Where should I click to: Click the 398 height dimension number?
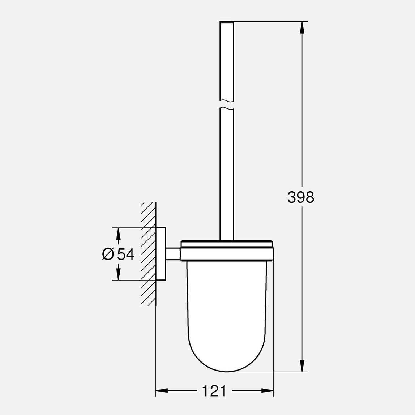coord(301,197)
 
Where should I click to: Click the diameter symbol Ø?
coord(108,254)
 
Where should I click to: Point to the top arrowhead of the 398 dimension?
coord(302,27)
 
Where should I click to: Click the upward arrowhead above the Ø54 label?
coord(117,234)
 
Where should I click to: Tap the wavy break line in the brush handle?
coord(227,104)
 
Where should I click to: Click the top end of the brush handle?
coord(227,23)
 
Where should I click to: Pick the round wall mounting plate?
coord(161,254)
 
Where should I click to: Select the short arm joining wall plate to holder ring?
coord(173,254)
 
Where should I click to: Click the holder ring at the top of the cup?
coord(227,253)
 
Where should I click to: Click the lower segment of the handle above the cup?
coord(227,174)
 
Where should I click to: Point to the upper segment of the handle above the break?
coord(227,61)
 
